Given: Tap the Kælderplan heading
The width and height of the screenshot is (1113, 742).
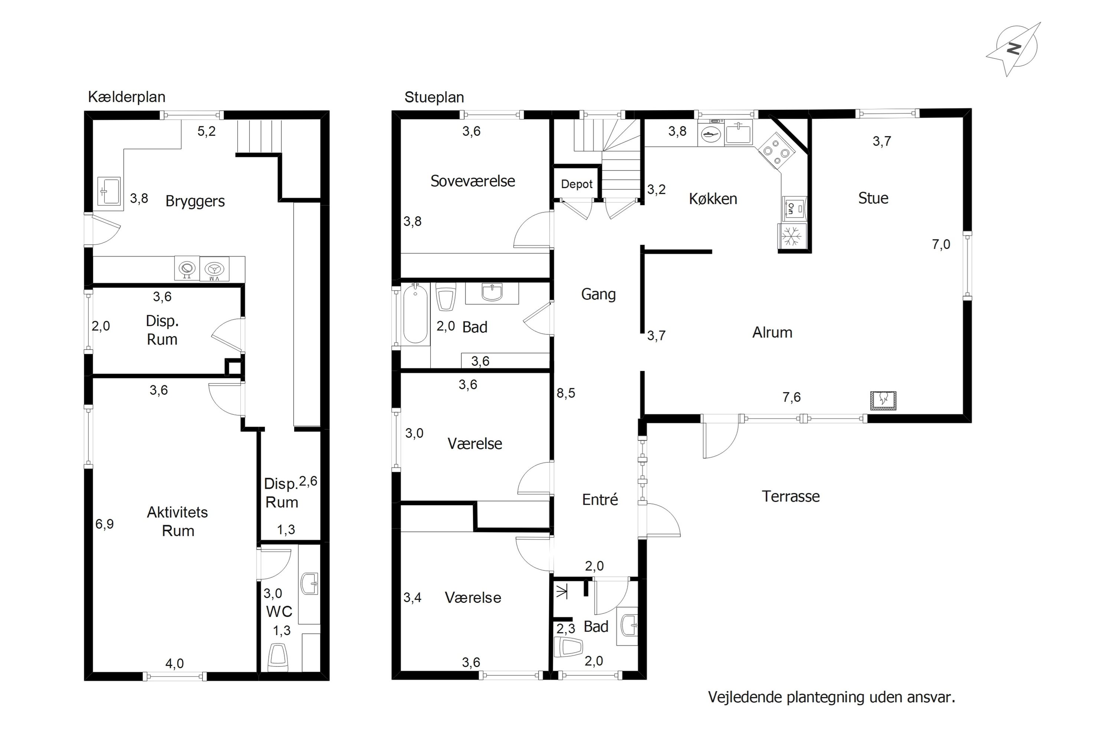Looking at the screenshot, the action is coord(127,97).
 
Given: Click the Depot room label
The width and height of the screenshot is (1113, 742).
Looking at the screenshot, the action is coord(577,184).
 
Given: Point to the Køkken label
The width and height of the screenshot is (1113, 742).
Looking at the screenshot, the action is coord(713,199).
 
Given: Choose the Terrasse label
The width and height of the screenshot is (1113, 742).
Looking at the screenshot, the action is coord(791,496).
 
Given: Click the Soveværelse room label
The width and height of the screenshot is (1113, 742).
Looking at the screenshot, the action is coord(473,181).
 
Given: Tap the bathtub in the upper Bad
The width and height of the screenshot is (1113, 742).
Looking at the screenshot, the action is coord(415,313).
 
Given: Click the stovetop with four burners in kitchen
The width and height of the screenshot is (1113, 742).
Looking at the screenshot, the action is coord(777,151).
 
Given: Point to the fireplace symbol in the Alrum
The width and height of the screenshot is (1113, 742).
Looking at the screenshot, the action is coord(883,400).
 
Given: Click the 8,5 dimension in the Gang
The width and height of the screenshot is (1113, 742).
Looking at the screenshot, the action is coord(566,393).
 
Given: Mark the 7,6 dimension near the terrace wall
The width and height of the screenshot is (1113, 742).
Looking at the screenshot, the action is coord(792,397).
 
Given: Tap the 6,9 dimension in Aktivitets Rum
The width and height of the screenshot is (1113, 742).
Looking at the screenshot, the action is coord(105,524).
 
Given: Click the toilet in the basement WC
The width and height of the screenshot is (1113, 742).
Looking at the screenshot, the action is coord(278,658).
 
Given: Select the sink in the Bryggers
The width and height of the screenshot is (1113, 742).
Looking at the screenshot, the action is coord(109,191).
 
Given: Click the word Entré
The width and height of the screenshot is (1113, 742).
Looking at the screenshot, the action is coord(600,500).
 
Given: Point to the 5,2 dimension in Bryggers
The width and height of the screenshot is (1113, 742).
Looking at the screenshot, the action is coord(206,131).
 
